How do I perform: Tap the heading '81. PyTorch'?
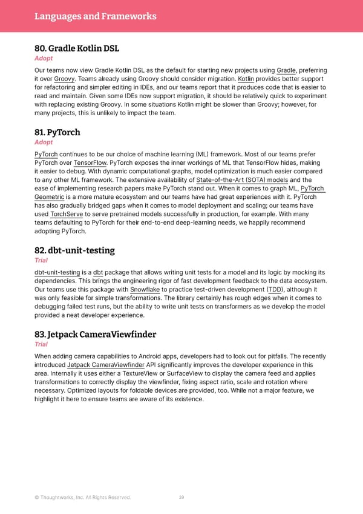pyautogui.click(x=57, y=132)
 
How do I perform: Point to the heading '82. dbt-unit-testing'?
pyautogui.click(x=74, y=250)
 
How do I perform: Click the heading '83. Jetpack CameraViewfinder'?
pyautogui.click(x=96, y=335)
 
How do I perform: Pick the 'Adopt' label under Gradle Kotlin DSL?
pyautogui.click(x=44, y=58)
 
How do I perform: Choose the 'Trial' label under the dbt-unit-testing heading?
pyautogui.click(x=42, y=261)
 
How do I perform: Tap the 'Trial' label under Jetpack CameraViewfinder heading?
pyautogui.click(x=42, y=345)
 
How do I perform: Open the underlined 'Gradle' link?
pyautogui.click(x=286, y=71)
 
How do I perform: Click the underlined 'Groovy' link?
pyautogui.click(x=64, y=80)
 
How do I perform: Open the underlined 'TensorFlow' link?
pyautogui.click(x=90, y=162)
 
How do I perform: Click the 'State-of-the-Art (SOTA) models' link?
pyautogui.click(x=242, y=180)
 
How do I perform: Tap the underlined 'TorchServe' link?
pyautogui.click(x=67, y=214)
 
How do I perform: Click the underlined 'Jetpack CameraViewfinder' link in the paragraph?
pyautogui.click(x=106, y=365)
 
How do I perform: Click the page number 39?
pyautogui.click(x=181, y=498)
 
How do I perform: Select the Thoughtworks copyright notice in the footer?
pyautogui.click(x=82, y=498)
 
